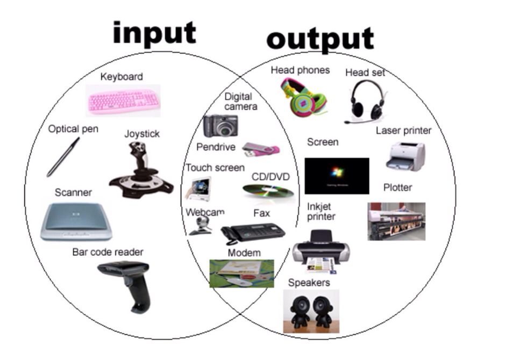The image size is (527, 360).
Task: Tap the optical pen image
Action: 63,157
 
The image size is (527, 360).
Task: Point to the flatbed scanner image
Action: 76,221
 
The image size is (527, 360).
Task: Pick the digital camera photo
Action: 220,126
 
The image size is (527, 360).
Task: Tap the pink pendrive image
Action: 261,149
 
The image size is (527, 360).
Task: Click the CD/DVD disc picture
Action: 267,191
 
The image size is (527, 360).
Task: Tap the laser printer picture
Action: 406,156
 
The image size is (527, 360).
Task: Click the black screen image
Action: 337,176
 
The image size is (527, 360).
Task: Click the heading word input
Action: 154,33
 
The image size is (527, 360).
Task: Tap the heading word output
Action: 320,39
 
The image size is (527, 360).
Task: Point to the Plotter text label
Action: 397,188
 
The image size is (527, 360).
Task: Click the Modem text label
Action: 244,253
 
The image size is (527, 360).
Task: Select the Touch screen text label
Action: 215,168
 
